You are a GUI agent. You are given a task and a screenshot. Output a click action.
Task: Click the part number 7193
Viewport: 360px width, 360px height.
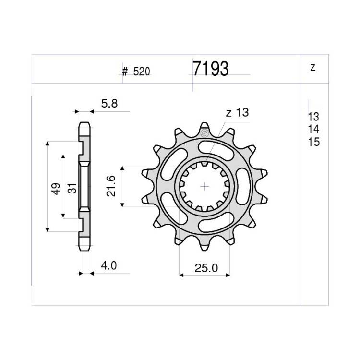(x=210, y=69)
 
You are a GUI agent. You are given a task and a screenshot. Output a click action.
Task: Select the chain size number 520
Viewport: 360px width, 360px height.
(x=142, y=72)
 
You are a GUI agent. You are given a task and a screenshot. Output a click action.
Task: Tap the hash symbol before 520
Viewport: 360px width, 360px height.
(x=125, y=72)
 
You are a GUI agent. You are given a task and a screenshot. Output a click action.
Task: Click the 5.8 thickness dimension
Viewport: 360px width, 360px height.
(x=109, y=104)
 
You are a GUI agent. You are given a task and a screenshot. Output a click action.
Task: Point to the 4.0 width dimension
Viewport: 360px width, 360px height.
(x=109, y=265)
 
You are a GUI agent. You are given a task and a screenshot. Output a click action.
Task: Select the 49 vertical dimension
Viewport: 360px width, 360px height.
(x=56, y=189)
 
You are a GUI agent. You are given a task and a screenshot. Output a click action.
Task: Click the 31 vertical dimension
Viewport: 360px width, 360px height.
(x=72, y=188)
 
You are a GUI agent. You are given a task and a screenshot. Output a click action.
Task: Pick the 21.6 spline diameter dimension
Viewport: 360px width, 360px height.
(x=111, y=186)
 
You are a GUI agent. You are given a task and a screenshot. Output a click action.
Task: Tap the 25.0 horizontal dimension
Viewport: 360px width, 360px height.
(x=206, y=268)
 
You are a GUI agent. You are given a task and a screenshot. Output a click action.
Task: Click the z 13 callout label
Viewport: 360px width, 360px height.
(x=238, y=112)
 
